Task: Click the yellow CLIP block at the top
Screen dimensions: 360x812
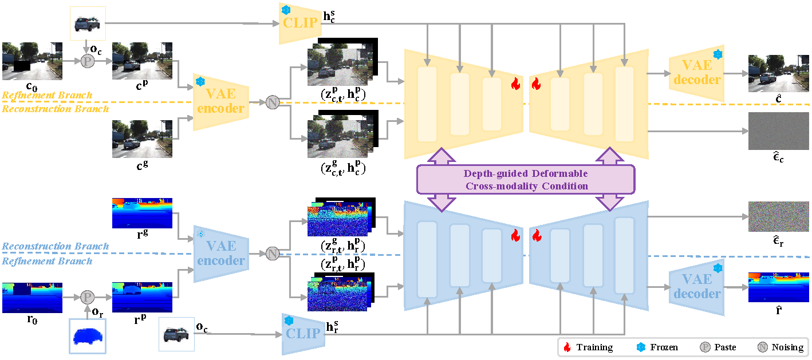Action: [x=298, y=23]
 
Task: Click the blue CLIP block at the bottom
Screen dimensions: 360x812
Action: [x=303, y=333]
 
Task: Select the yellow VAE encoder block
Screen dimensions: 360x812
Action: [x=220, y=101]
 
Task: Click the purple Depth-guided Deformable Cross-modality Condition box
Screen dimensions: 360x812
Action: [x=525, y=180]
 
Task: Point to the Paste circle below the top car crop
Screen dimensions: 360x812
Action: [x=87, y=61]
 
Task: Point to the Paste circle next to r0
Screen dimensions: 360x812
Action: [x=87, y=297]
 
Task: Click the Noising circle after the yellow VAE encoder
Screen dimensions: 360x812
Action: [x=273, y=102]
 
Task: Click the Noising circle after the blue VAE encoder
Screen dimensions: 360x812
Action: [x=273, y=254]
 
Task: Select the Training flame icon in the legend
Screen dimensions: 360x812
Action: [x=567, y=347]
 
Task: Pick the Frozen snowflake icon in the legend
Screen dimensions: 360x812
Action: [x=640, y=347]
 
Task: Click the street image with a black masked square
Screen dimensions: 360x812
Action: [x=32, y=61]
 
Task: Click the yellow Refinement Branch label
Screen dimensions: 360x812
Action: [x=47, y=95]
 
